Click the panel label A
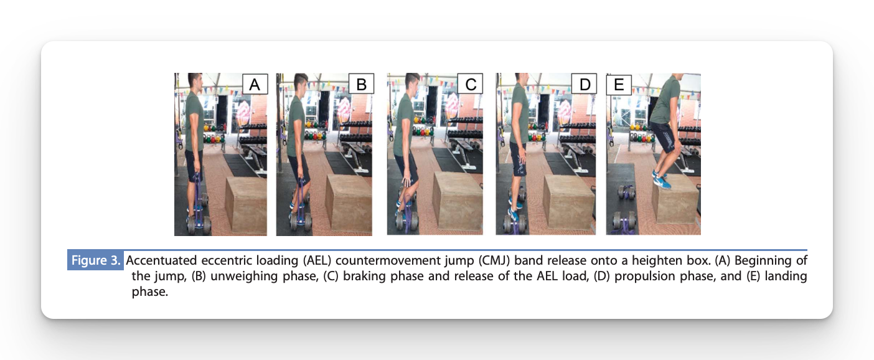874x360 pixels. (x=255, y=84)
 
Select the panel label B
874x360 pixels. (x=361, y=84)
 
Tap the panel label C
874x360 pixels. (x=470, y=84)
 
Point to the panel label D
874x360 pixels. (x=584, y=84)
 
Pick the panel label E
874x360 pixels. (x=619, y=84)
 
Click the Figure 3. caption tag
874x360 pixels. (x=96, y=260)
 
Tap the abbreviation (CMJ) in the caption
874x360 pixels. (x=495, y=260)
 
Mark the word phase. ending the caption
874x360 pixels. (x=150, y=292)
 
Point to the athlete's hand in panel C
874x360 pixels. (x=407, y=182)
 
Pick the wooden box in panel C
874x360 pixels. (x=458, y=201)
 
